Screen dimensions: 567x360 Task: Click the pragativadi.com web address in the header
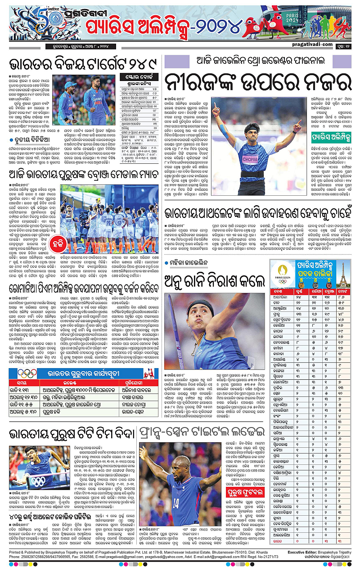point(315,44)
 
